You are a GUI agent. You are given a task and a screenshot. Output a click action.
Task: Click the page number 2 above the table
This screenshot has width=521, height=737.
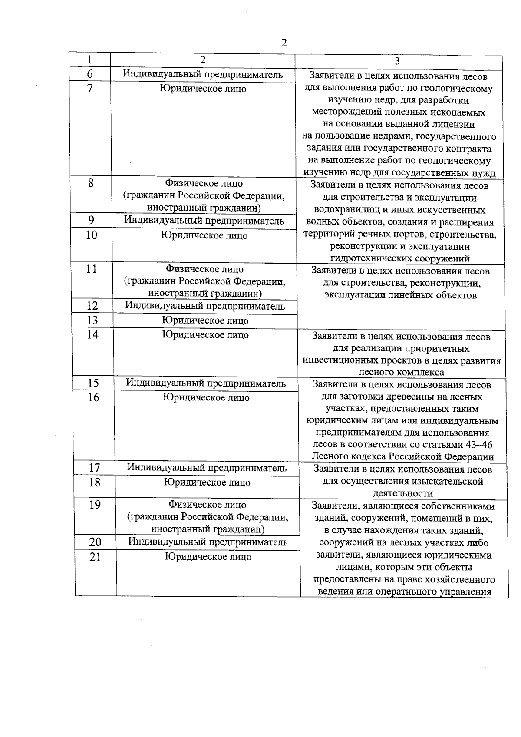click(284, 43)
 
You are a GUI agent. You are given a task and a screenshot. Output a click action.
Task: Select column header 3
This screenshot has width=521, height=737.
click(397, 62)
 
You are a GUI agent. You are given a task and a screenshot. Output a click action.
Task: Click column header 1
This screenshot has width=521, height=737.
click(89, 60)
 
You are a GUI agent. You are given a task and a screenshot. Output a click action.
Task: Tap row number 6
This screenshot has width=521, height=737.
click(90, 74)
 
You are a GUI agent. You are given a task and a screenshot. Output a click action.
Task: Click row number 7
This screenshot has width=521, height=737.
click(90, 89)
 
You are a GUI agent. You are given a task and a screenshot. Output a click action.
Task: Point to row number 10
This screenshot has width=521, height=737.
click(91, 235)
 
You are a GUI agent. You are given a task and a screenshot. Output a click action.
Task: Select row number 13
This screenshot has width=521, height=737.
click(92, 321)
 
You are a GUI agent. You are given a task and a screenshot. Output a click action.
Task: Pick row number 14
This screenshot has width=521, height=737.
click(93, 335)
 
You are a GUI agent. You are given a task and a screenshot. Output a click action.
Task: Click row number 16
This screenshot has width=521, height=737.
click(94, 397)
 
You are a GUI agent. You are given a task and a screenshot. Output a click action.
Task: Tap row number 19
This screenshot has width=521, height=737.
click(95, 505)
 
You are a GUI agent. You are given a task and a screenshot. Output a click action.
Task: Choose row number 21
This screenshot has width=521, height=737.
click(95, 557)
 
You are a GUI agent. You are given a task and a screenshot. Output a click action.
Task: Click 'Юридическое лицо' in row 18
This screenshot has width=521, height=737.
click(207, 483)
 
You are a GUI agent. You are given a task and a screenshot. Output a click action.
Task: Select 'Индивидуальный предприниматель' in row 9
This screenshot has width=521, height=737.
click(204, 221)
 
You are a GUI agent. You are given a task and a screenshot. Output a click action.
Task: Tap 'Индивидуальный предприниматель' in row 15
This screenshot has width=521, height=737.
click(206, 383)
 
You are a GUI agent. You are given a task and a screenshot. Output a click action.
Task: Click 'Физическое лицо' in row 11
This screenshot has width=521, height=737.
click(205, 269)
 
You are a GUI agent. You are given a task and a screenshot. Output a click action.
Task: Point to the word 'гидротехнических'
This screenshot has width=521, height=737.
click(367, 259)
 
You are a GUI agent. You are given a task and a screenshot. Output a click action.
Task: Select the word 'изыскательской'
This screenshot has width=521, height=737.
click(451, 482)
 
